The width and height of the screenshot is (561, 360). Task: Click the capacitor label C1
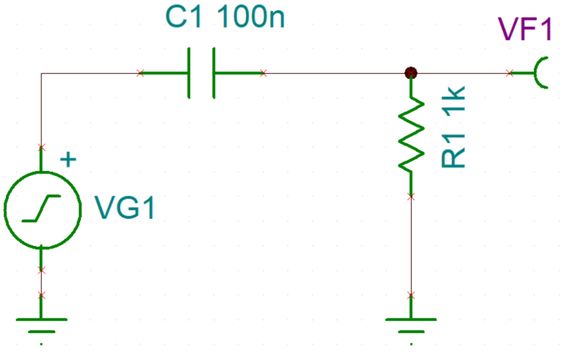(184, 17)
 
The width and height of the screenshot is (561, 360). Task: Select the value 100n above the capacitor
(251, 17)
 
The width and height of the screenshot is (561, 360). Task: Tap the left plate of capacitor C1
(189, 73)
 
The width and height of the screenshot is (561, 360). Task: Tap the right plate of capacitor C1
(214, 73)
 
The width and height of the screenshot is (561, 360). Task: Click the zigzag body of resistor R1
(411, 134)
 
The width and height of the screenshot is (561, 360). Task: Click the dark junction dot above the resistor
(411, 73)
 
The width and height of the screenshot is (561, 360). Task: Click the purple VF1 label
(525, 29)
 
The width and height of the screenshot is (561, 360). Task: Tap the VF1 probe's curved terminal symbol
(536, 73)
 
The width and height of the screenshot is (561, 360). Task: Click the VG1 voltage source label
(124, 208)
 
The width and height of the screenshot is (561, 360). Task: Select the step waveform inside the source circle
(42, 208)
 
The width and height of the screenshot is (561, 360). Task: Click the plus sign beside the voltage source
(69, 159)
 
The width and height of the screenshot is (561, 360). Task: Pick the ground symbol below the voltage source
(42, 326)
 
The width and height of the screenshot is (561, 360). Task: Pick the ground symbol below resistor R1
(411, 326)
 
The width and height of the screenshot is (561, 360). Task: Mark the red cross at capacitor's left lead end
(140, 73)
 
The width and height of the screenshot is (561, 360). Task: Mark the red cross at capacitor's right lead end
(263, 73)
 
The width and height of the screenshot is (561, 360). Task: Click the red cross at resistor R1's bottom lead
(411, 196)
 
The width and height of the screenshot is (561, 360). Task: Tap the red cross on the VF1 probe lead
(510, 73)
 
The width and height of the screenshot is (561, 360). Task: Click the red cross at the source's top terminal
(42, 148)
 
